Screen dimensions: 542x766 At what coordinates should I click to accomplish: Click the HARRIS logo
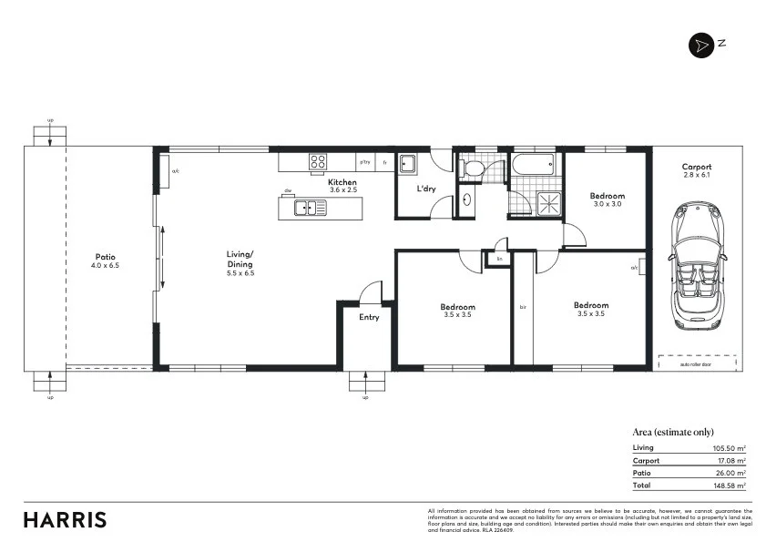[x=65, y=520]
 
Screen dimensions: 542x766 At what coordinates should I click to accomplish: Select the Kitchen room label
[x=342, y=183]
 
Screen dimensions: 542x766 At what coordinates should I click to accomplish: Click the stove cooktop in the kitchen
[x=318, y=162]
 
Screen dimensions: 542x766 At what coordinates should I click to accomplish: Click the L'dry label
[x=425, y=189]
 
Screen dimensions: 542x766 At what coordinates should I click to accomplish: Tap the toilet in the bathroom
[x=472, y=169]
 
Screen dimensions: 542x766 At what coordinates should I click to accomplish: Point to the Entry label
[x=369, y=317]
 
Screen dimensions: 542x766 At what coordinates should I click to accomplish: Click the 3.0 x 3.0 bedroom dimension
[x=607, y=205]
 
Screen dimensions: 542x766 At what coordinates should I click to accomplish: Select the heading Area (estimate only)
[x=672, y=433]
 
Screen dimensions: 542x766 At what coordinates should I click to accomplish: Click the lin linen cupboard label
[x=498, y=260]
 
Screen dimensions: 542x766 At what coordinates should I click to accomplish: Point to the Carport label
[x=695, y=167]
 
